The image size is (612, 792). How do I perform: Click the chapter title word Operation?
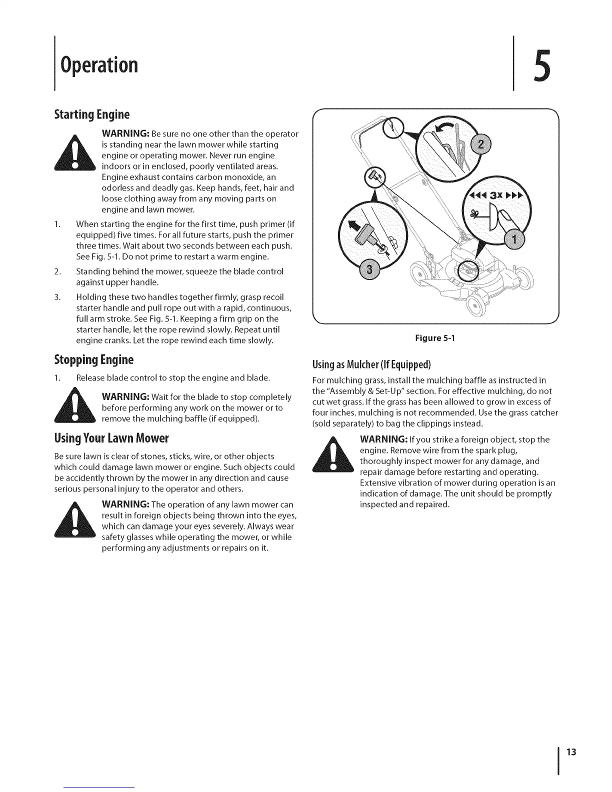[x=98, y=65]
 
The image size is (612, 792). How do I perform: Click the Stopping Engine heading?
[x=93, y=359]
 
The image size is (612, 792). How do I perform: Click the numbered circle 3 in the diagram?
[x=369, y=270]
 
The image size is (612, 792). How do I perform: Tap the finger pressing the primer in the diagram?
[x=502, y=220]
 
